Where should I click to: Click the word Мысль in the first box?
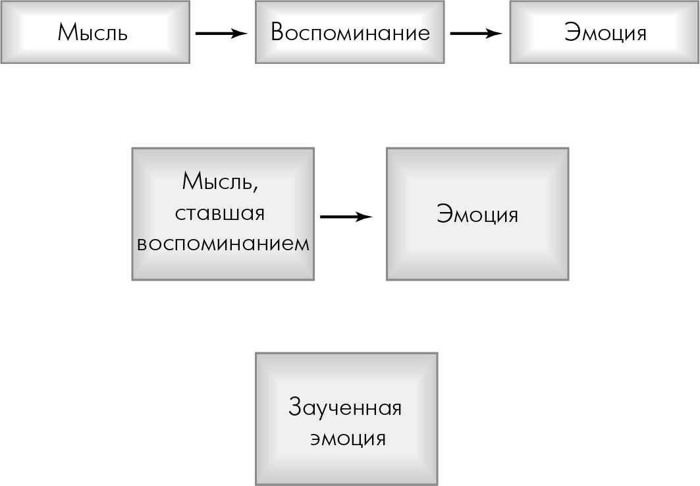pyautogui.click(x=93, y=32)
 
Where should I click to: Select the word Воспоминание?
pyautogui.click(x=350, y=32)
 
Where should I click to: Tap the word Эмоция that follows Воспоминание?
pyautogui.click(x=605, y=32)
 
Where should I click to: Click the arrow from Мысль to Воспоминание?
pyautogui.click(x=221, y=33)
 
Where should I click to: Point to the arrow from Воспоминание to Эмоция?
pyautogui.click(x=476, y=33)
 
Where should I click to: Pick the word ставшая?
pyautogui.click(x=220, y=213)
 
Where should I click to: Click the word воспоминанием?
pyautogui.click(x=223, y=244)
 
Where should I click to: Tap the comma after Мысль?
pyautogui.click(x=255, y=190)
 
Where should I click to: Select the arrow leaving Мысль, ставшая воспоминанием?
pyautogui.click(x=346, y=217)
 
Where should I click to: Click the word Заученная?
pyautogui.click(x=345, y=408)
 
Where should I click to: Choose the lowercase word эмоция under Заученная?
pyautogui.click(x=348, y=438)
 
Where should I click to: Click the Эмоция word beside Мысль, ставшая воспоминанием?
pyautogui.click(x=477, y=214)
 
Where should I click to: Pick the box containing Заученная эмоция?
pyautogui.click(x=346, y=419)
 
